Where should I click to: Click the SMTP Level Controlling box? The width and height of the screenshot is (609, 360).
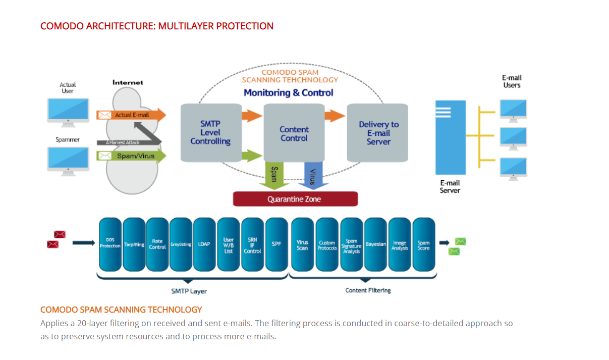pyautogui.click(x=211, y=132)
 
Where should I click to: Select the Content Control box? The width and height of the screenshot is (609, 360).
pyautogui.click(x=294, y=132)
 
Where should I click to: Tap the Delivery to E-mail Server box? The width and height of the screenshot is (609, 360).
pyautogui.click(x=377, y=132)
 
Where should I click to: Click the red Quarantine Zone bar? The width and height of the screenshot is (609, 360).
pyautogui.click(x=295, y=199)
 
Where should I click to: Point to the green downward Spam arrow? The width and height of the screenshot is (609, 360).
pyautogui.click(x=274, y=175)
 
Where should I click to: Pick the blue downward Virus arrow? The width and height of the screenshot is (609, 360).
pyautogui.click(x=313, y=176)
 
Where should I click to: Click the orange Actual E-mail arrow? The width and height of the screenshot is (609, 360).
pyautogui.click(x=131, y=115)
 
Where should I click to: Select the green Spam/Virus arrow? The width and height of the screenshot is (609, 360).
pyautogui.click(x=131, y=156)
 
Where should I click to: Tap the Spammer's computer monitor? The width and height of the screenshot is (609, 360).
pyautogui.click(x=68, y=161)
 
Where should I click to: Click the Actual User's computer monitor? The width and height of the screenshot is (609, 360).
pyautogui.click(x=68, y=113)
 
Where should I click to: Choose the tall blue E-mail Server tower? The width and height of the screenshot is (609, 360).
pyautogui.click(x=451, y=137)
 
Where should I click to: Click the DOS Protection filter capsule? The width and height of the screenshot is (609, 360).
pyautogui.click(x=110, y=244)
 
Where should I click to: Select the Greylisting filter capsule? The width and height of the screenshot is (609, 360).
pyautogui.click(x=181, y=244)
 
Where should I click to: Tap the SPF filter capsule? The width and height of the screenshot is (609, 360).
pyautogui.click(x=276, y=244)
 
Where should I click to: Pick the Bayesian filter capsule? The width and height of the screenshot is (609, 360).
pyautogui.click(x=375, y=244)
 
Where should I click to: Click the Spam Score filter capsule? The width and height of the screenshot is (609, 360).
pyautogui.click(x=424, y=244)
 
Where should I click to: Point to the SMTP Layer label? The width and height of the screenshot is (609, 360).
pyautogui.click(x=189, y=291)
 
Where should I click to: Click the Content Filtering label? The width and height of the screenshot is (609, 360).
pyautogui.click(x=368, y=290)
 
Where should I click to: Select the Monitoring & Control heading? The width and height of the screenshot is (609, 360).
pyautogui.click(x=288, y=93)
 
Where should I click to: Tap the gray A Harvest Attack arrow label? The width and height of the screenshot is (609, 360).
pyautogui.click(x=122, y=142)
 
